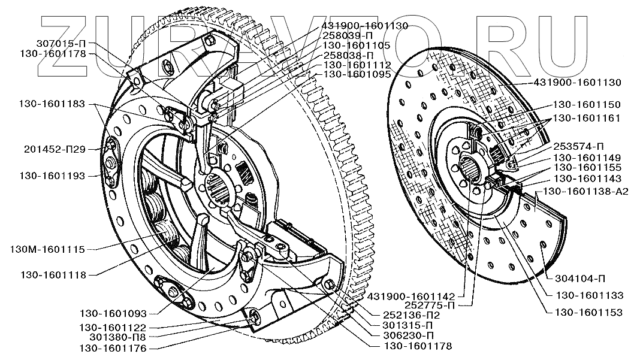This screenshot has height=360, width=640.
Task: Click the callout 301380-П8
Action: pos(111,337)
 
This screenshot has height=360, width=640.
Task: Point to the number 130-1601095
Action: pos(357,74)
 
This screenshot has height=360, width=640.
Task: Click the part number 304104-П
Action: pos(579,278)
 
